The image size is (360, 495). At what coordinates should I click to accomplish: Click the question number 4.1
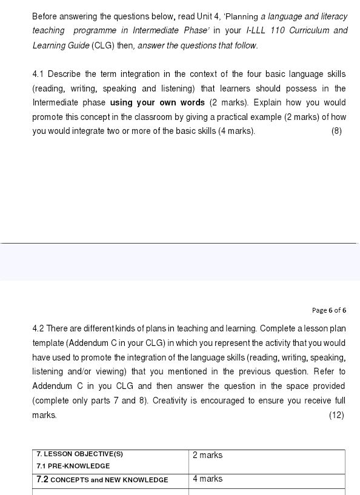tap(38, 75)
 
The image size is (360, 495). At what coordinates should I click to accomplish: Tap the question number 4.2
tap(38, 329)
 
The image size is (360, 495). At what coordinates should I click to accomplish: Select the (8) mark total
tap(337, 131)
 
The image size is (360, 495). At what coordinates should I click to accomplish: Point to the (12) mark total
tap(336, 415)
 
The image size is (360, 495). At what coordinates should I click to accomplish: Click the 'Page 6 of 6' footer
tap(329, 310)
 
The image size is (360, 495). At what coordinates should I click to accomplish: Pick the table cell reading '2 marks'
tap(207, 455)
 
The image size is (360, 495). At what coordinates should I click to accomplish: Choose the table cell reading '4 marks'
tap(207, 479)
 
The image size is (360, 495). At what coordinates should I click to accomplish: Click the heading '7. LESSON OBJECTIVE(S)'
tap(79, 454)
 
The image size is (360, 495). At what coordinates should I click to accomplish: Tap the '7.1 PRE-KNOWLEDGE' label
tap(73, 466)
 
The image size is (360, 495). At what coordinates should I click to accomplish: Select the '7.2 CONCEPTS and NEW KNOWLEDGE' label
tap(102, 479)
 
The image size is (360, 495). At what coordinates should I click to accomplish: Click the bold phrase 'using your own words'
tap(158, 103)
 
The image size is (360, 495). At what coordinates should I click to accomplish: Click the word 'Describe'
tap(64, 75)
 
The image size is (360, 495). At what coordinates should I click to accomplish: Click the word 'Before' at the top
tap(45, 16)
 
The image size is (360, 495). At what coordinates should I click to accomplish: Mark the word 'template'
tap(47, 343)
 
